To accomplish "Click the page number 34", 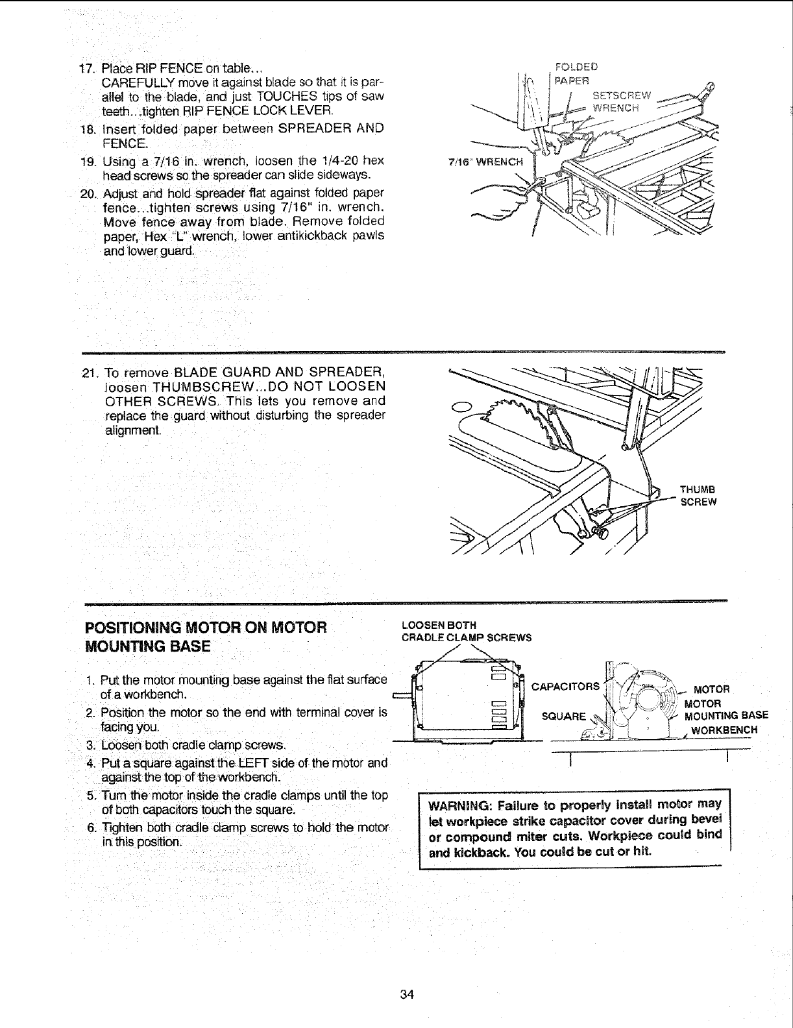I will pos(408,995).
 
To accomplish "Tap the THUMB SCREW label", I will pos(697,496).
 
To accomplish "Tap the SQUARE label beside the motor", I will pos(565,716).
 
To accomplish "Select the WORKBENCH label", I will pos(723,730).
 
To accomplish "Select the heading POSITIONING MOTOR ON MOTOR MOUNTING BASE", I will pos(204,637).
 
